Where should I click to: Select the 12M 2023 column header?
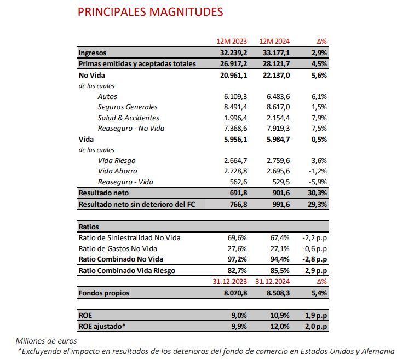pyautogui.click(x=232, y=42)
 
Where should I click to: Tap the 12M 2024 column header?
pyautogui.click(x=274, y=42)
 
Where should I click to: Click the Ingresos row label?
pyautogui.click(x=93, y=53)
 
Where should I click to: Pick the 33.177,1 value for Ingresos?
pyautogui.click(x=276, y=53)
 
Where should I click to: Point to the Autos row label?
pyautogui.click(x=107, y=96)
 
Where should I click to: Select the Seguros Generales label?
pyautogui.click(x=128, y=107)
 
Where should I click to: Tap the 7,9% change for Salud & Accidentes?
pyautogui.click(x=318, y=118)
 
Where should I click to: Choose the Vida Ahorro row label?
pyautogui.click(x=118, y=171)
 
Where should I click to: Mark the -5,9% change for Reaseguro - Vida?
pyautogui.click(x=317, y=182)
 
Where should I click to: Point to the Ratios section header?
pyautogui.click(x=89, y=226)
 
